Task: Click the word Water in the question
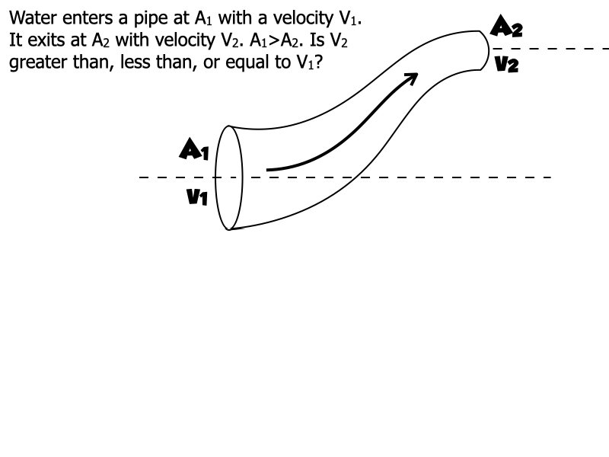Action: click(x=33, y=18)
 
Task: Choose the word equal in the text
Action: click(x=248, y=62)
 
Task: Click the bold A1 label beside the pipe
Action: click(x=193, y=149)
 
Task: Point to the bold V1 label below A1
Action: click(x=196, y=198)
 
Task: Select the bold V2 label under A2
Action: click(x=505, y=65)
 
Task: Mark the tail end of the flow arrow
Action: click(x=269, y=169)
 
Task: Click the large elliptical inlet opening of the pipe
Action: click(x=229, y=177)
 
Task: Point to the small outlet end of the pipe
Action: click(x=484, y=50)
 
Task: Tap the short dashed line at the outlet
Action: click(x=556, y=49)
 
